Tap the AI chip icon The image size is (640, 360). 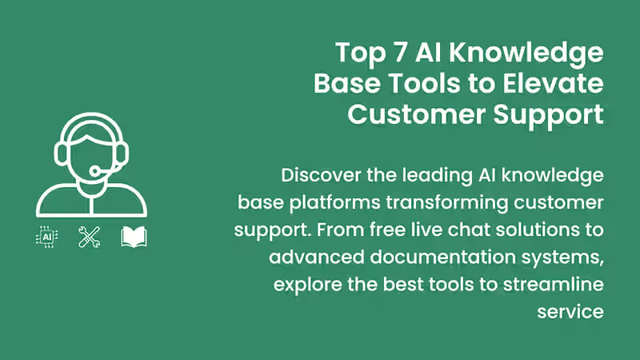tap(47, 238)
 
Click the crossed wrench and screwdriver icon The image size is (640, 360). tap(89, 237)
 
